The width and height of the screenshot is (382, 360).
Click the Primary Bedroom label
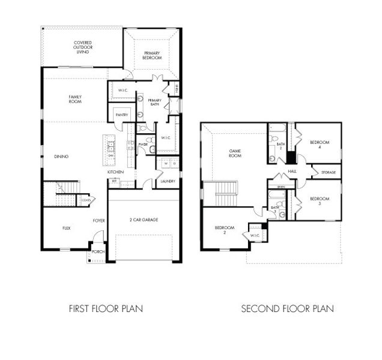pos(151,56)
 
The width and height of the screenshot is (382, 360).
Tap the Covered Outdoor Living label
pos(83,47)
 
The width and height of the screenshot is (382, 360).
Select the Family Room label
pos(75,99)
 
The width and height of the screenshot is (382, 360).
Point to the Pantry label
pos(121,114)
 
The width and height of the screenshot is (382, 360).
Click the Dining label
pos(61,157)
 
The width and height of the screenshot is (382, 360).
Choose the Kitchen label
pos(116,172)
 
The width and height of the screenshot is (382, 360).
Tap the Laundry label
pos(168,181)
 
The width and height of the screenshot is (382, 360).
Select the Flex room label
pos(67,228)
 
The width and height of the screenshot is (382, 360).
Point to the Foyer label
pos(99,221)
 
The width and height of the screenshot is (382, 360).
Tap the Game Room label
pos(235,153)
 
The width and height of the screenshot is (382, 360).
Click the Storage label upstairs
pos(329,173)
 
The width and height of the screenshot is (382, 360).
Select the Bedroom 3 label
pos(320,201)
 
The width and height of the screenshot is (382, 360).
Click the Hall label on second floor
pos(293,171)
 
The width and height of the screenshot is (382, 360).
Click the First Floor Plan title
pos(106,309)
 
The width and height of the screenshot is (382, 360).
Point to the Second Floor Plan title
pos(288,309)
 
